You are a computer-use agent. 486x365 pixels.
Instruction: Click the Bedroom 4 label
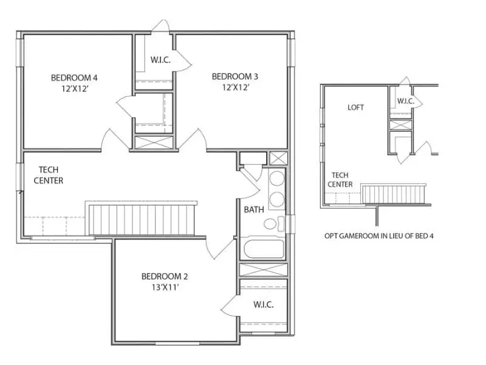(74, 77)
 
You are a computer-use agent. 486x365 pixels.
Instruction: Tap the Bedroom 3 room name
(235, 77)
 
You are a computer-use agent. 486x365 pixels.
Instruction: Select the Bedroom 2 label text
(165, 275)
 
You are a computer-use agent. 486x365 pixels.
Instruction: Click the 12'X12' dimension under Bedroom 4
(74, 88)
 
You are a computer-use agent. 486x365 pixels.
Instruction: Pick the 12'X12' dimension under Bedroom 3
(235, 88)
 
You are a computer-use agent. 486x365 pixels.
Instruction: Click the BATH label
(254, 210)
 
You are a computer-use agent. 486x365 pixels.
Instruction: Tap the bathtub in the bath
(263, 249)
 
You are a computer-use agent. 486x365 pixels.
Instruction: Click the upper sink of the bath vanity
(276, 179)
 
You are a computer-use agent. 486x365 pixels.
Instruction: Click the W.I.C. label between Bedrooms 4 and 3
(160, 60)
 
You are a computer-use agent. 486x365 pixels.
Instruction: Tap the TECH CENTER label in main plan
(49, 175)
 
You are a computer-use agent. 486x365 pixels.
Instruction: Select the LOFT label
(356, 108)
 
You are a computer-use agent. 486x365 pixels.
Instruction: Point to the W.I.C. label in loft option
(406, 101)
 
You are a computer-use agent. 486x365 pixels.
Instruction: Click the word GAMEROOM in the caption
(363, 235)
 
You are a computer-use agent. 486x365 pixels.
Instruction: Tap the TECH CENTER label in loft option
(340, 179)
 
